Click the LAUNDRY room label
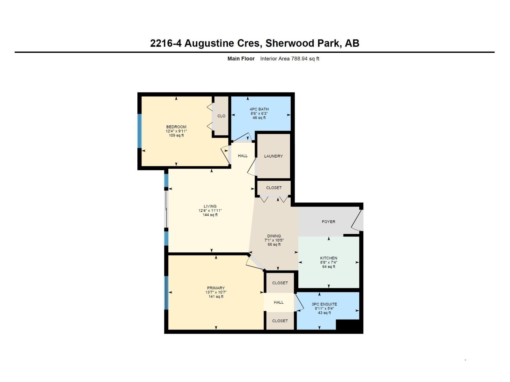click(x=273, y=156)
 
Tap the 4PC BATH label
click(x=259, y=109)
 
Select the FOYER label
click(x=328, y=222)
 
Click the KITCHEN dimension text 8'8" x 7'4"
click(x=329, y=263)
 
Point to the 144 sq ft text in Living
click(x=210, y=215)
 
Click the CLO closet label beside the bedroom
click(x=221, y=116)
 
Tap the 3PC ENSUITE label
click(x=324, y=304)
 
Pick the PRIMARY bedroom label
click(x=216, y=288)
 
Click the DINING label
click(x=274, y=236)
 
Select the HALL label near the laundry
click(x=243, y=156)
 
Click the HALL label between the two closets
click(x=279, y=302)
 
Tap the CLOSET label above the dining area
click(x=274, y=188)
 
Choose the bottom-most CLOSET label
click(x=280, y=321)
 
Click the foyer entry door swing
click(x=358, y=221)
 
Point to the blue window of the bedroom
click(x=139, y=131)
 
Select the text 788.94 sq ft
click(x=305, y=59)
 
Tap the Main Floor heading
click(x=241, y=59)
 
